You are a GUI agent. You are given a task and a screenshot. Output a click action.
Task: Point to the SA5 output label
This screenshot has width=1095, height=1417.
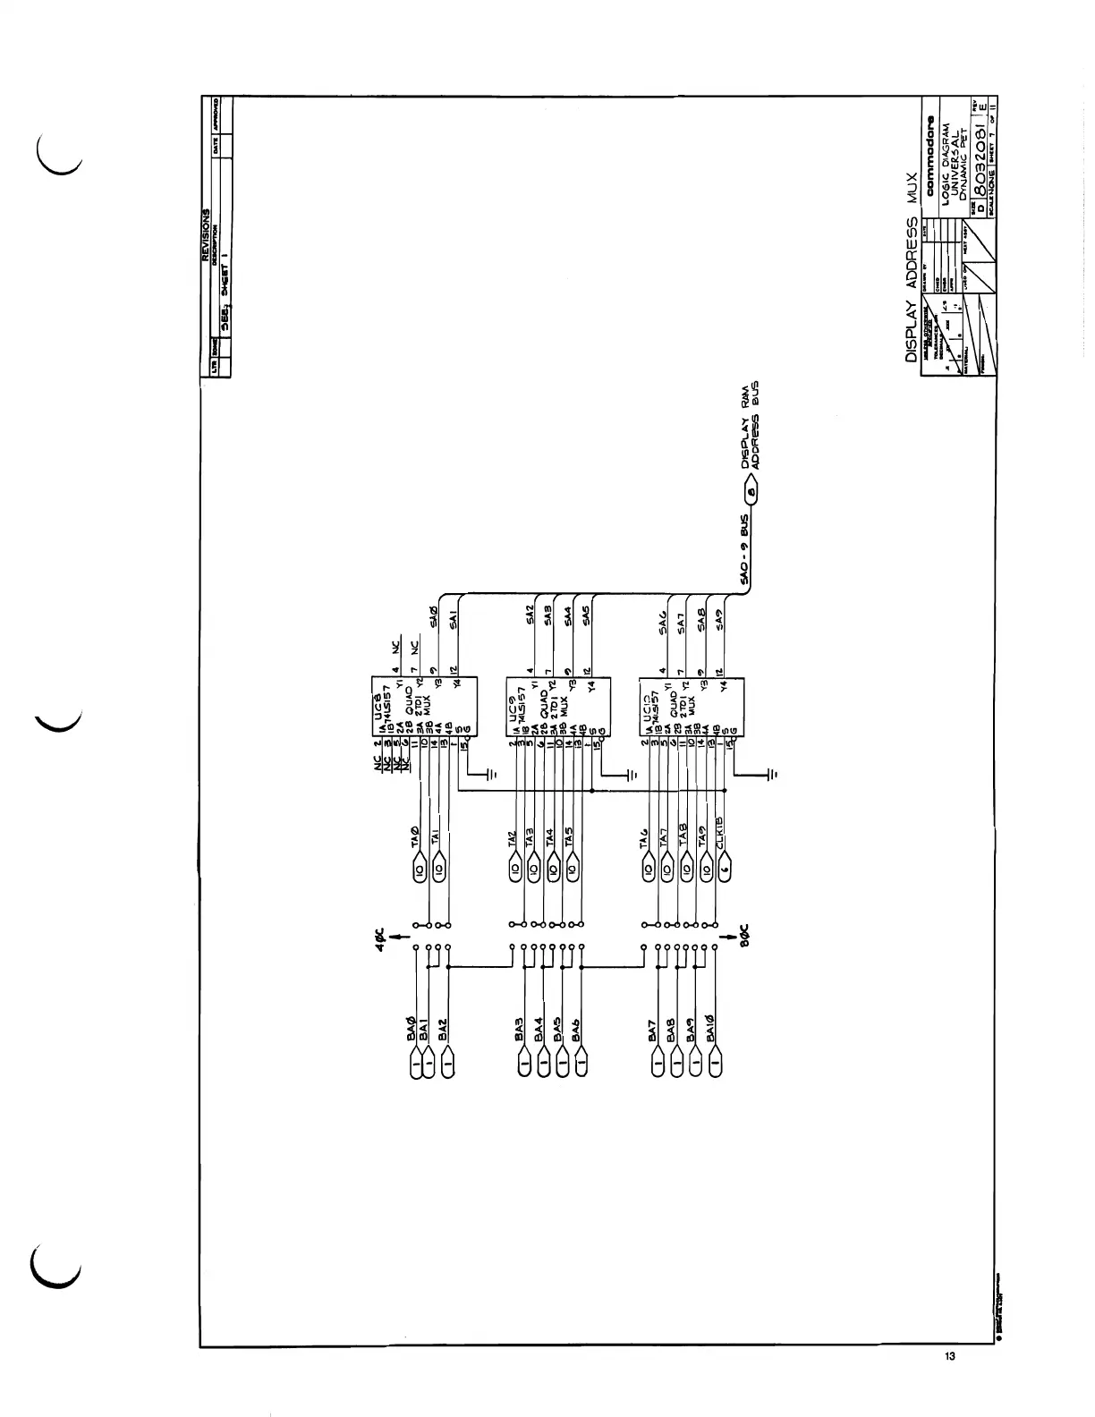click(587, 617)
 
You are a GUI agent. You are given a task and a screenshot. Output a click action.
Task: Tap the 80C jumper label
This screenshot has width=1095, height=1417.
click(747, 935)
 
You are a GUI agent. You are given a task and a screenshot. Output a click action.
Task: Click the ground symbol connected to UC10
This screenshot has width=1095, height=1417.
click(773, 772)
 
